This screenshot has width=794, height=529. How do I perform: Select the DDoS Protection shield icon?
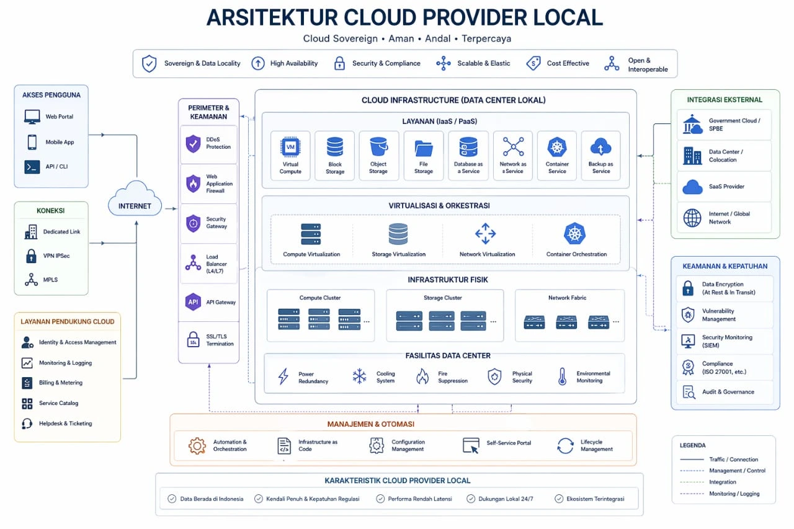coord(193,143)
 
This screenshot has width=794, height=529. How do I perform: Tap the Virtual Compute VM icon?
coord(290,147)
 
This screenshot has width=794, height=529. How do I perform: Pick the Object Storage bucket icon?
coord(378,147)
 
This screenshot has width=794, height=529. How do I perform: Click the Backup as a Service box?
coord(600,156)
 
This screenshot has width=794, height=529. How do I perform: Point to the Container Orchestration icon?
coord(576,234)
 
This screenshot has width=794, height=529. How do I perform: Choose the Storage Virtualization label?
coord(398,254)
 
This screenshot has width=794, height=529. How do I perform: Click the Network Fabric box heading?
coord(567,298)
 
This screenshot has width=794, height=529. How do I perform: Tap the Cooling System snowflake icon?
coord(359,376)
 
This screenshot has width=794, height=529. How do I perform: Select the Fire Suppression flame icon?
coord(422,376)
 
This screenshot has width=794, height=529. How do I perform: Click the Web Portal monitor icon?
coord(32,117)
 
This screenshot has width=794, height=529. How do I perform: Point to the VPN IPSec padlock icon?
coord(31,256)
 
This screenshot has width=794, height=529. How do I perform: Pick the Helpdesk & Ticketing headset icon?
coord(27,424)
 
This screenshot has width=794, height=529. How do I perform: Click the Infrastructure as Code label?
coord(318,445)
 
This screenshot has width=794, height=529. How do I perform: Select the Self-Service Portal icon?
coord(471,445)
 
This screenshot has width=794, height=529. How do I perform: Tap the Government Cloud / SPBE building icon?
coord(692,123)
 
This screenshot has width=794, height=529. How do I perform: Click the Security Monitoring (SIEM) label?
coord(727,341)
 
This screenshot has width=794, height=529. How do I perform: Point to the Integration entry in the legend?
coord(723,482)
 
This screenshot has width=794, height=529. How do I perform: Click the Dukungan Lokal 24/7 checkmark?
coord(471,499)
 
